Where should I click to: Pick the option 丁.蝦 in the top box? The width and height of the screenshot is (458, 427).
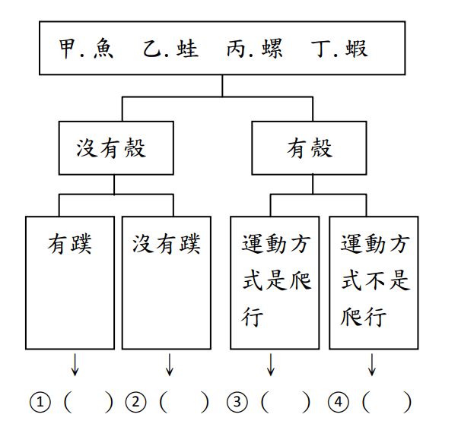click(340, 49)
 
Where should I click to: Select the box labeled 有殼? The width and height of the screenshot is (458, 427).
click(310, 148)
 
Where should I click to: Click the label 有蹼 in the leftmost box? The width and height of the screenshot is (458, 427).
click(71, 245)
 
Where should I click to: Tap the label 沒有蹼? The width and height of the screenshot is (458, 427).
click(167, 245)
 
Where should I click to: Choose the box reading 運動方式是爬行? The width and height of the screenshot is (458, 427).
click(274, 281)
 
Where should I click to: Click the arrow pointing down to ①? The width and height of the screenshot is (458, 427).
click(75, 365)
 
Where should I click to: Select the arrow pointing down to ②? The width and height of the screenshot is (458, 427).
click(170, 365)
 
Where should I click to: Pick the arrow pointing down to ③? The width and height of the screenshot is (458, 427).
click(271, 365)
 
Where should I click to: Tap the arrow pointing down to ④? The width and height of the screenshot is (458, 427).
click(373, 365)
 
